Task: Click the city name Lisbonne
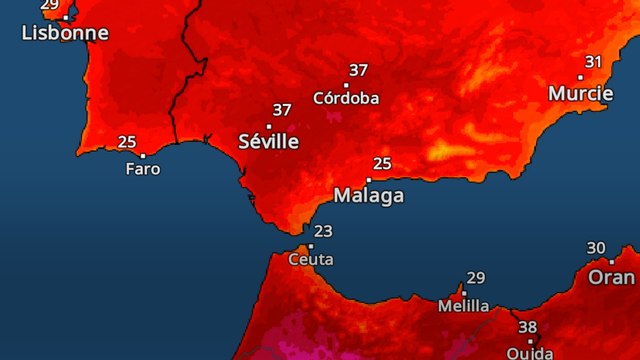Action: pos(65,33)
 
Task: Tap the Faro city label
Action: pos(143,169)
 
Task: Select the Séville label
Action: pos(269,141)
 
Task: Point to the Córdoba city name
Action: pos(346,98)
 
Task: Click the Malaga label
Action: pos(369,195)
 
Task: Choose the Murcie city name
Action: pos(581,93)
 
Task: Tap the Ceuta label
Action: pos(311,259)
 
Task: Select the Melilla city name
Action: pos(464,306)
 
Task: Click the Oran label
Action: pos(611,277)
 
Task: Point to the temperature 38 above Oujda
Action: pos(528,327)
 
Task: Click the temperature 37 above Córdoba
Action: pos(358,71)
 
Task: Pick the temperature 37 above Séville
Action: pos(282,110)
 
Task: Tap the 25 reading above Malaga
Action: pos(381,163)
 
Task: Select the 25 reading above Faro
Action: pos(128,141)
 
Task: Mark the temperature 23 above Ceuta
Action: pos(323,231)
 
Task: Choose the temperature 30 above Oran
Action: pos(597,248)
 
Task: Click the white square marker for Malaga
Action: pos(368,180)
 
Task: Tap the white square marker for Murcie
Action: pos(581,77)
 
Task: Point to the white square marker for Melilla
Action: pos(463,293)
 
